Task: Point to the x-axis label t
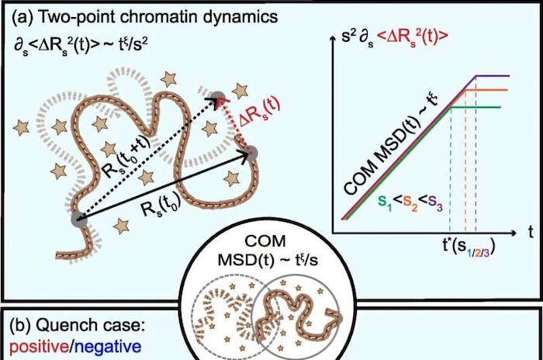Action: pos(531,231)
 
